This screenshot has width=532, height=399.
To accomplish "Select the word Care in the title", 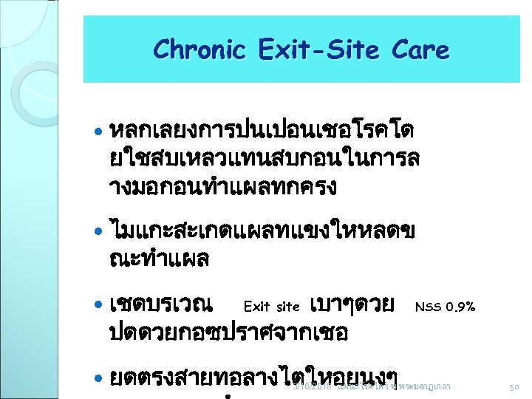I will (x=420, y=50).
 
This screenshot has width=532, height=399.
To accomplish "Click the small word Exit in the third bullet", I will (x=256, y=307).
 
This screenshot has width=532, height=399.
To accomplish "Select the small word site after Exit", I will (x=287, y=307).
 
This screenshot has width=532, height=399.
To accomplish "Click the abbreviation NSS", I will (x=427, y=306).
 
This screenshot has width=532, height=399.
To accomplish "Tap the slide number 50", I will (x=516, y=386).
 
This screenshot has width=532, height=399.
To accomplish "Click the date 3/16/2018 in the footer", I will (x=314, y=386).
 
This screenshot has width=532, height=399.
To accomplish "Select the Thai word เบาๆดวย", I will (x=354, y=304).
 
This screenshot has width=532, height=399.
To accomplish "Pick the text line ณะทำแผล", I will (x=158, y=259).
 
